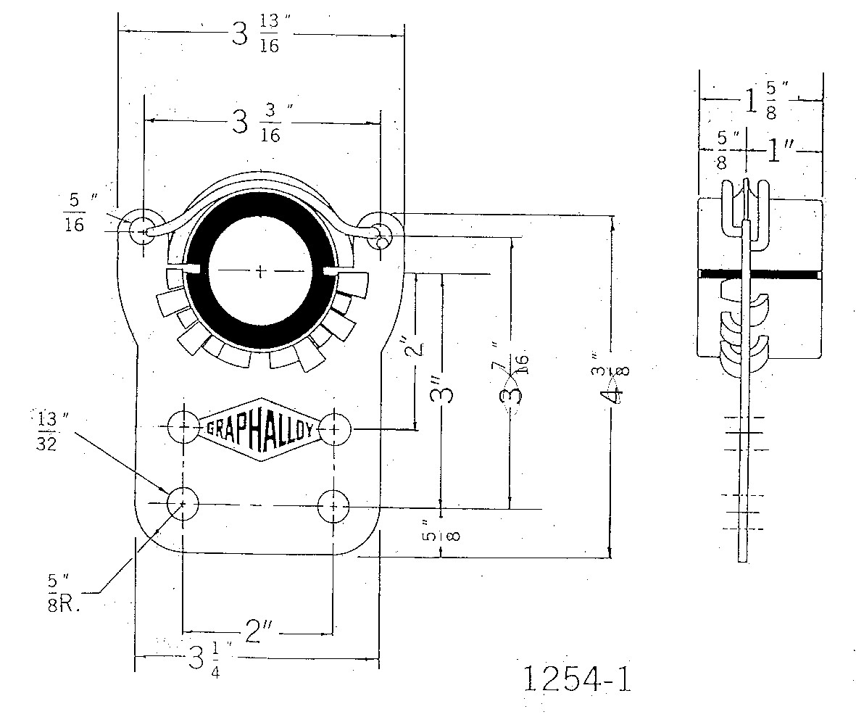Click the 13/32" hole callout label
pyautogui.click(x=47, y=431)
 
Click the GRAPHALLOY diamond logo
pyautogui.click(x=259, y=429)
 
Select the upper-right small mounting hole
pyautogui.click(x=379, y=230)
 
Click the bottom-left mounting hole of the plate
pyautogui.click(x=183, y=502)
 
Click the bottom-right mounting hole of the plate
pyautogui.click(x=333, y=502)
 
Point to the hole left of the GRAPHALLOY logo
pyautogui.click(x=183, y=428)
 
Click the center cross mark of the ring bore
pyautogui.click(x=262, y=272)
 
